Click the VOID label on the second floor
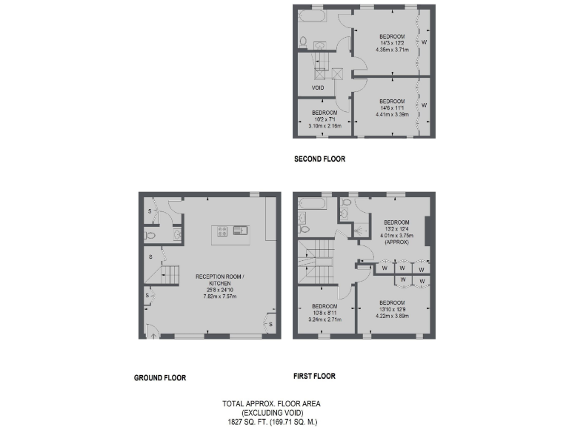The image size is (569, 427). tap(318, 87)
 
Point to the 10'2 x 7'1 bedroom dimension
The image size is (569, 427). tap(325, 119)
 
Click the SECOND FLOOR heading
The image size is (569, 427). tap(319, 159)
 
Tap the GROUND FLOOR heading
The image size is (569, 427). tap(159, 377)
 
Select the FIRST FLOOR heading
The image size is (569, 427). tap(314, 377)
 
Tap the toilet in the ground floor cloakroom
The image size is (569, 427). tap(151, 236)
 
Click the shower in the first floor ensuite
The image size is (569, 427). tap(361, 231)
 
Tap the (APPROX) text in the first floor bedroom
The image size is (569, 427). tap(396, 242)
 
